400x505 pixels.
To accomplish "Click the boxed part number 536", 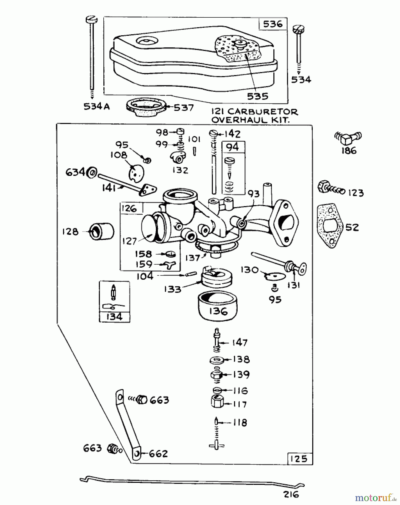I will [272, 24].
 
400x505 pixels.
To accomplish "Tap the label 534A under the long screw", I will [97, 107].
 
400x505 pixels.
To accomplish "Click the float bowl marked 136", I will [218, 306].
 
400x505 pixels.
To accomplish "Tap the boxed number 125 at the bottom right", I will [299, 459].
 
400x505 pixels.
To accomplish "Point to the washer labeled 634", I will [92, 172].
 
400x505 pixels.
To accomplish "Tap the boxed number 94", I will [233, 147].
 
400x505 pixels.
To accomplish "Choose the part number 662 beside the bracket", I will [158, 454].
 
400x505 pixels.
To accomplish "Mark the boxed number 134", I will [115, 317].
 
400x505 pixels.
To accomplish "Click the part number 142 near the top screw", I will [233, 134].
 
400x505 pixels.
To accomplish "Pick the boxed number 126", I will [129, 208].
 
